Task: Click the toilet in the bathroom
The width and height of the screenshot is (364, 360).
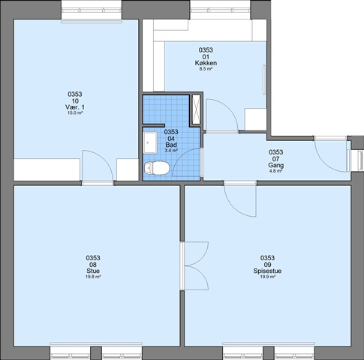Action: click(x=157, y=168)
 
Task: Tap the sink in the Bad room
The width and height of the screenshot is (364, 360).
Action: click(x=150, y=142)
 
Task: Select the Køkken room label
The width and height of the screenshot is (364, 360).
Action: click(x=206, y=63)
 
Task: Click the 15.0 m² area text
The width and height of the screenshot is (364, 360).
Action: click(x=75, y=113)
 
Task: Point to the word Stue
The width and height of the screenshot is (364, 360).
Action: click(x=93, y=271)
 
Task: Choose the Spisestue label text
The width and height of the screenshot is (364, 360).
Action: click(x=267, y=271)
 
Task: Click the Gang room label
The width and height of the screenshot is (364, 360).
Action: click(x=276, y=165)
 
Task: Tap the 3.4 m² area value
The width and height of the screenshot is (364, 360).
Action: click(x=171, y=151)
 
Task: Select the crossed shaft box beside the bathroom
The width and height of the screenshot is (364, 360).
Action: click(x=196, y=109)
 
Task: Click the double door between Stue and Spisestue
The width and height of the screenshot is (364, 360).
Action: click(x=195, y=266)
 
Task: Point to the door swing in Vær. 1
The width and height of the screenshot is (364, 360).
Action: click(x=98, y=165)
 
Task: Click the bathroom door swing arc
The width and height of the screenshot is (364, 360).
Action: click(x=186, y=163)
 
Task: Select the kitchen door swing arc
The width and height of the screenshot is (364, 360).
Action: click(x=222, y=115)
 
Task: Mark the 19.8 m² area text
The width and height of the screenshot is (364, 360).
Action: click(x=93, y=277)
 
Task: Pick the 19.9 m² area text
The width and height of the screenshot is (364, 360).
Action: click(x=267, y=277)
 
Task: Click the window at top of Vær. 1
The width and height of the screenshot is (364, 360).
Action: click(x=92, y=10)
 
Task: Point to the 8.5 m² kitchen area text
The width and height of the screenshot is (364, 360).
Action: click(x=206, y=69)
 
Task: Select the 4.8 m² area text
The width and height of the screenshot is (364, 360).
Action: click(x=276, y=171)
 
